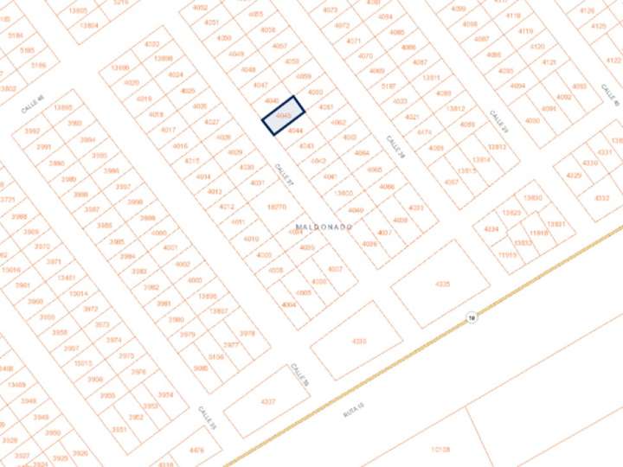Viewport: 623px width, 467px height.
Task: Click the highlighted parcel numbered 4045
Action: (284, 115)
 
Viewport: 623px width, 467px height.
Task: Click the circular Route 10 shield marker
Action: (471, 317)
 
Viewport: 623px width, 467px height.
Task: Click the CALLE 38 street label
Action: (395, 146)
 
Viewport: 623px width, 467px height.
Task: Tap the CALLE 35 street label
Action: (207, 417)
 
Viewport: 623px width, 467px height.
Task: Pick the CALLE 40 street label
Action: (33, 105)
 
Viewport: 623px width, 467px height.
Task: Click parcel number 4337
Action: (268, 401)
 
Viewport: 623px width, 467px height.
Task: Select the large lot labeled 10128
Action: (440, 450)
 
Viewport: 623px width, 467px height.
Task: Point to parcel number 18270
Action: (277, 207)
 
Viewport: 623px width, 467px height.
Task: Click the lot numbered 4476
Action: (196, 450)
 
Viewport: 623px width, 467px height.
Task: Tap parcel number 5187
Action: (388, 86)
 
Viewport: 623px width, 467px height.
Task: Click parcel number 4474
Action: (424, 132)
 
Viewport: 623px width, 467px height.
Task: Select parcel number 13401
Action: (66, 278)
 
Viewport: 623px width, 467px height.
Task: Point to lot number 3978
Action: (247, 333)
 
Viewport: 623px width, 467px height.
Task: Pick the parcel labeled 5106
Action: (215, 356)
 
